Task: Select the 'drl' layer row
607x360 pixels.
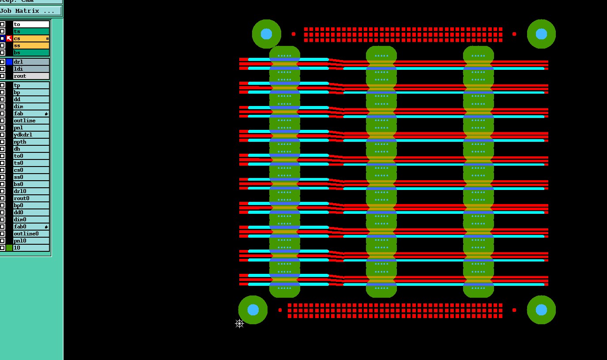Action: pyautogui.click(x=31, y=62)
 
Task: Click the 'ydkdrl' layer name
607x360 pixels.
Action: pyautogui.click(x=31, y=135)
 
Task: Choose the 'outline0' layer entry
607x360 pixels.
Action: pyautogui.click(x=31, y=234)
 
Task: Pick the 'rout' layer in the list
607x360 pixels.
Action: pyautogui.click(x=31, y=76)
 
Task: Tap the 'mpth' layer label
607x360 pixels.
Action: pyautogui.click(x=31, y=142)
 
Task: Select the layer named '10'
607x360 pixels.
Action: pyautogui.click(x=31, y=248)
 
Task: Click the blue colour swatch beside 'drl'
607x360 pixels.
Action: pyautogui.click(x=9, y=62)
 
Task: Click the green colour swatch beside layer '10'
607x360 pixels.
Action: pyautogui.click(x=9, y=248)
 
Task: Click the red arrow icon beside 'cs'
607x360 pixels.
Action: pyautogui.click(x=9, y=38)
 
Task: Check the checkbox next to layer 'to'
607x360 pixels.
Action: pyautogui.click(x=3, y=24)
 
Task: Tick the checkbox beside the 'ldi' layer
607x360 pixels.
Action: pyautogui.click(x=3, y=69)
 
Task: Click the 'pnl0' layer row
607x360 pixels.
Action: pyautogui.click(x=31, y=241)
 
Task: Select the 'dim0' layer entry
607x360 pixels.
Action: pyautogui.click(x=31, y=220)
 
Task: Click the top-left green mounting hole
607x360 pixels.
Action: pyautogui.click(x=266, y=34)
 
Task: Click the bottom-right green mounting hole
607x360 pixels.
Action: pyautogui.click(x=541, y=310)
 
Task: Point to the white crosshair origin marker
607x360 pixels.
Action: pyautogui.click(x=239, y=324)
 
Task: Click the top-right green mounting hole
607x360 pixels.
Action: pyautogui.click(x=541, y=34)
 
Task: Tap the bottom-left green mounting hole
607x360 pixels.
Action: pyautogui.click(x=253, y=310)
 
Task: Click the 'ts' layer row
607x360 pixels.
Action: pyautogui.click(x=31, y=31)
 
